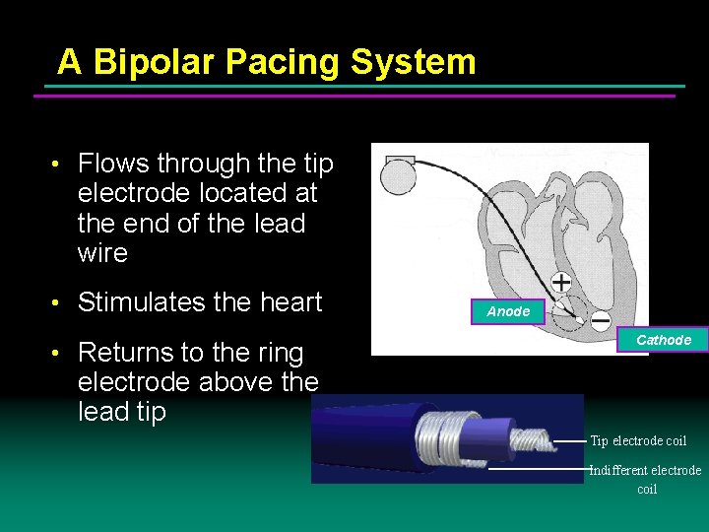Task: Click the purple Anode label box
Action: coord(508,311)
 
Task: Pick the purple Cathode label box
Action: coord(663,340)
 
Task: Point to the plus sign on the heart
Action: coord(560,283)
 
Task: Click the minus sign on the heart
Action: coord(599,319)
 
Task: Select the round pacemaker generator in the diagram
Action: coord(399,178)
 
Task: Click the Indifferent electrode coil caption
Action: coord(645,479)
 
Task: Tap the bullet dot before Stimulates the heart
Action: coord(59,303)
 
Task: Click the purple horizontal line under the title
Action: coord(354,96)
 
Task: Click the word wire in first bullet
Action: coord(102,253)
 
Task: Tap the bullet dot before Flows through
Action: coord(59,165)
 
